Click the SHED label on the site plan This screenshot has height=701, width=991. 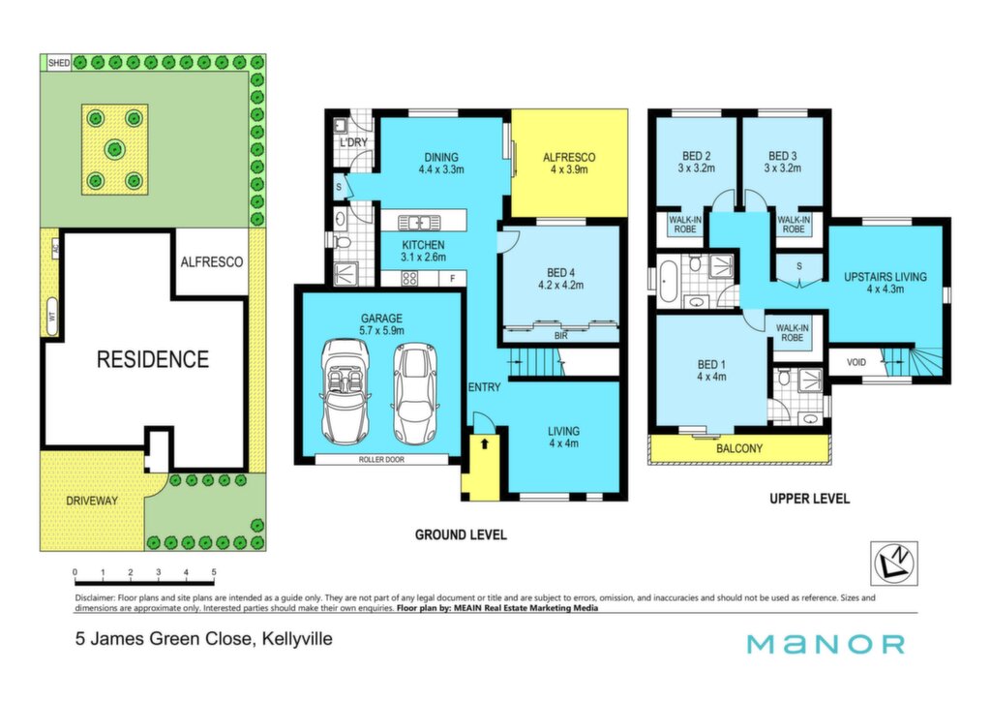tap(59, 63)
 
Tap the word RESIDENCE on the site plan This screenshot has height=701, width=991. tap(152, 359)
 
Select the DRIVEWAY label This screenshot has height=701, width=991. tap(92, 501)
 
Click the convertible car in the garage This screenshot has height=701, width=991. tap(345, 391)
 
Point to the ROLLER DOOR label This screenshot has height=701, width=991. tap(381, 460)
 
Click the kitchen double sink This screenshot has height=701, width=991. tap(419, 223)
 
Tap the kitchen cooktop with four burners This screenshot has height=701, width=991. tap(409, 278)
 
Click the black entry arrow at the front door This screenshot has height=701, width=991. tap(484, 443)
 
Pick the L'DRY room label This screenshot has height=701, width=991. tap(353, 142)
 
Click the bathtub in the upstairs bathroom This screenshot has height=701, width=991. tap(668, 281)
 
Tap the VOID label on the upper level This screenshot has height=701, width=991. tap(856, 362)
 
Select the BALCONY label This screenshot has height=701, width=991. tap(738, 449)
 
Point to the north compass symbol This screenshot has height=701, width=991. tap(893, 563)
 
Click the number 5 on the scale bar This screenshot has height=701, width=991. tap(214, 572)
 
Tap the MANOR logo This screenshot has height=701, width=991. tap(826, 644)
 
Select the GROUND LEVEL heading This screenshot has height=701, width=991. tap(461, 534)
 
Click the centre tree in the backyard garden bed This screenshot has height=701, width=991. tap(114, 150)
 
